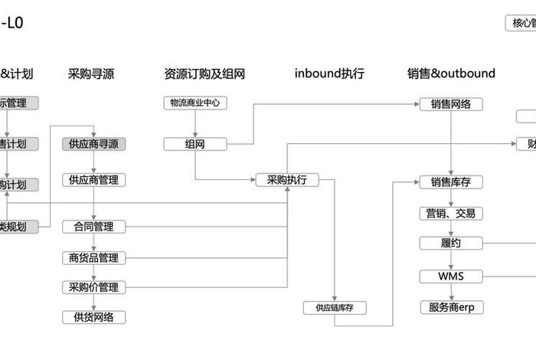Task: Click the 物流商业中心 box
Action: pyautogui.click(x=194, y=103)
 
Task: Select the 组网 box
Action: pyautogui.click(x=194, y=143)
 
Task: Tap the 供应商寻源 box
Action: pyautogui.click(x=93, y=143)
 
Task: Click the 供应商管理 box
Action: pyautogui.click(x=93, y=180)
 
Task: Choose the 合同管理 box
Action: pyautogui.click(x=93, y=227)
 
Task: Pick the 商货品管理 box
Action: pyautogui.click(x=93, y=257)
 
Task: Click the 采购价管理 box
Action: pyautogui.click(x=93, y=287)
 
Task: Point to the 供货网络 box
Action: pyautogui.click(x=93, y=317)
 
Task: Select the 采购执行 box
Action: pyautogui.click(x=286, y=180)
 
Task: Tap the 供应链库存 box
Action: pyautogui.click(x=335, y=308)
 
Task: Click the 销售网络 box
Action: pyautogui.click(x=451, y=103)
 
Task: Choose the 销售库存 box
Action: pyautogui.click(x=451, y=182)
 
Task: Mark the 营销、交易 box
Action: pyautogui.click(x=451, y=214)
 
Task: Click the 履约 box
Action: pyautogui.click(x=451, y=244)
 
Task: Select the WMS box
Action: pyautogui.click(x=451, y=276)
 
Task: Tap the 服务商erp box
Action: pyautogui.click(x=451, y=308)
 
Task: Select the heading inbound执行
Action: pyautogui.click(x=329, y=74)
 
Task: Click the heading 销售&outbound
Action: pyautogui.click(x=451, y=74)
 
